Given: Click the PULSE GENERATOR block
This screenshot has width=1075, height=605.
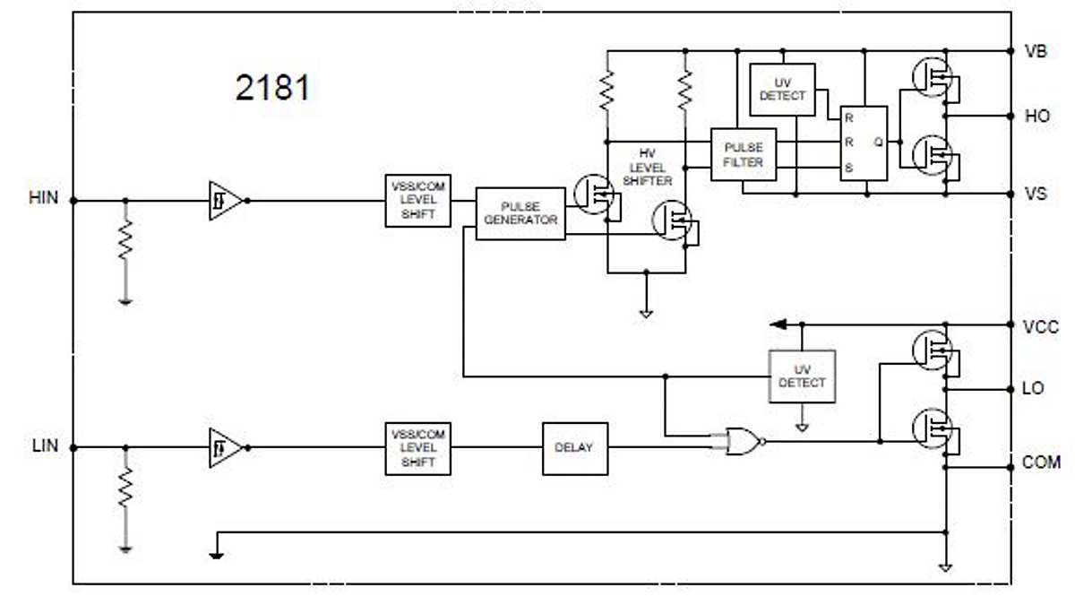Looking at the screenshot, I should coord(520,213).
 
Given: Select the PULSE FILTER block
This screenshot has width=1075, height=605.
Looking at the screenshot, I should coord(744,154).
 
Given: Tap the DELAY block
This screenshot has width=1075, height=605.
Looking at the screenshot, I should coord(574,447).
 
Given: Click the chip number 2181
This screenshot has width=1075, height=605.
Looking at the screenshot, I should coord(273,88).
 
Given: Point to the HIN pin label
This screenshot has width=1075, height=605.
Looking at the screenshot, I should coord(43,197).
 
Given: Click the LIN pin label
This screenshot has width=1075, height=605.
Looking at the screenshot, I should coord(43,445).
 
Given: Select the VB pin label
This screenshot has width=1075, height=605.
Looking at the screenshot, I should coord(1036,50).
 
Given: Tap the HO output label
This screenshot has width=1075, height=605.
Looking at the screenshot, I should coord(1036,117).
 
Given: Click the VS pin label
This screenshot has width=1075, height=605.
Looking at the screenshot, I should coord(1036,193).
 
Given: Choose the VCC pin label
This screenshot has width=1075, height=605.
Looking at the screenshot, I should coord(1040,326).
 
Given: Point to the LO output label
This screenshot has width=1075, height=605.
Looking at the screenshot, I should coord(1033,389).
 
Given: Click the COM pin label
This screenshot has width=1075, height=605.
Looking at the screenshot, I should coord(1041,462).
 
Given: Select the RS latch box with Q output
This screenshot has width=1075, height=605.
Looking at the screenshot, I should coord(864,143).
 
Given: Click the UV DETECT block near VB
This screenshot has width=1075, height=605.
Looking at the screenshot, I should coord(782,89).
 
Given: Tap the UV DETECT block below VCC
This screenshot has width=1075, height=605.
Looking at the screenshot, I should coord(802,376).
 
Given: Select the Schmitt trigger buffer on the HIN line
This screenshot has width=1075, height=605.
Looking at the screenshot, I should coord(224,201).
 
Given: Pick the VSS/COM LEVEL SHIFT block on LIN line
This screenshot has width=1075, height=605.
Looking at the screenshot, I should coord(417,447).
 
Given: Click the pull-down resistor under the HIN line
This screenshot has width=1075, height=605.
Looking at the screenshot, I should coord(125,243).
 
